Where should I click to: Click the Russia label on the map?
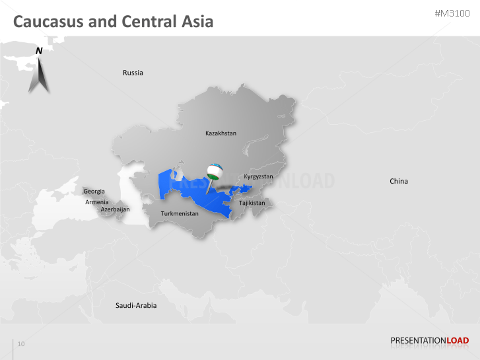[x=133, y=73]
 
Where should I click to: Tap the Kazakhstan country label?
[x=221, y=133]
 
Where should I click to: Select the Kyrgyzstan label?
[x=258, y=176]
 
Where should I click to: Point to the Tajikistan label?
[x=252, y=203]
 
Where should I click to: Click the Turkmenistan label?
[x=180, y=213]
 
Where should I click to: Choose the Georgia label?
[x=94, y=192]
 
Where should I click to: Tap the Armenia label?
[x=97, y=201]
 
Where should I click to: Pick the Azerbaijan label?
[x=115, y=209]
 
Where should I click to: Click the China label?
[x=399, y=181]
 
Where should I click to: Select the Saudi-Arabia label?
[x=136, y=306]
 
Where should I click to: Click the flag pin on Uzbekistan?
[x=214, y=173]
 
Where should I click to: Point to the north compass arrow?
[x=39, y=77]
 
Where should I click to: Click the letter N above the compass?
[x=39, y=51]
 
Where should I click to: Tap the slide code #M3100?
[x=452, y=14]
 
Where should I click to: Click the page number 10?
[x=21, y=344]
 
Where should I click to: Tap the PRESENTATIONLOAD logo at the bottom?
[x=429, y=341]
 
